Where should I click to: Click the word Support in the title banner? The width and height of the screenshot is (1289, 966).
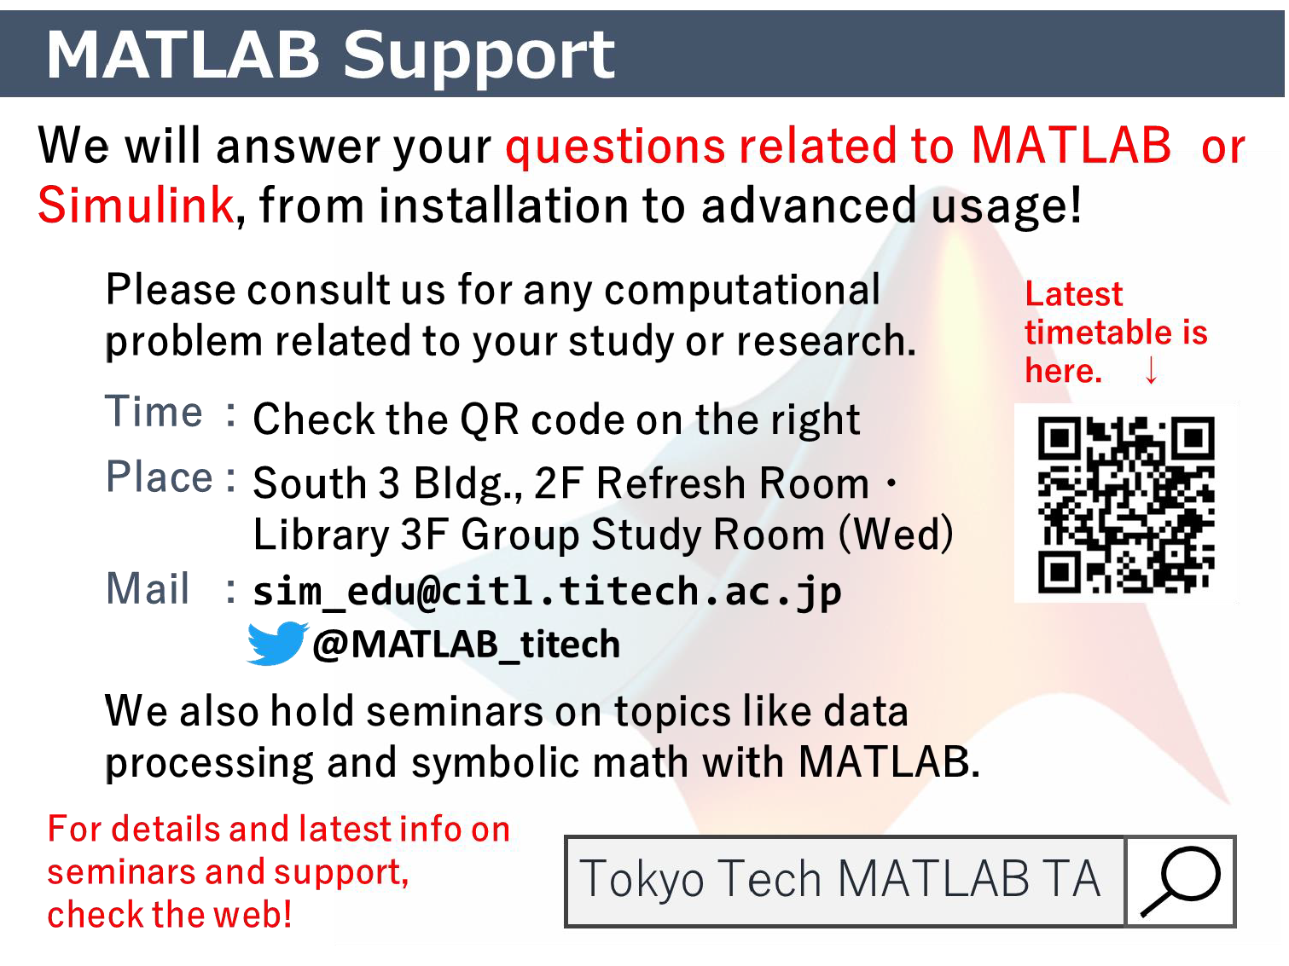pyautogui.click(x=479, y=57)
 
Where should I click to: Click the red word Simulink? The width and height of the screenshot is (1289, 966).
pyautogui.click(x=136, y=205)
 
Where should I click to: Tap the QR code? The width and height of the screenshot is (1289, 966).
pyautogui.click(x=1125, y=504)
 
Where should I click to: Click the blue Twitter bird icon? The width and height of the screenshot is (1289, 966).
pyautogui.click(x=276, y=643)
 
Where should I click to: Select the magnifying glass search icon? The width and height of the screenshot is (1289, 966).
pyautogui.click(x=1181, y=881)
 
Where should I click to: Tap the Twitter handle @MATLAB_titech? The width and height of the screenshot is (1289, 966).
pyautogui.click(x=467, y=645)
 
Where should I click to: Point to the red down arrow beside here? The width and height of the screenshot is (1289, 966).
pyautogui.click(x=1151, y=370)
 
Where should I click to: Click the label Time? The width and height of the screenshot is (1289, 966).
pyautogui.click(x=154, y=412)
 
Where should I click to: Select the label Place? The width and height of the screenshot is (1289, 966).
pyautogui.click(x=159, y=477)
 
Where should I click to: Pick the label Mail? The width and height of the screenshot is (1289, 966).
pyautogui.click(x=148, y=588)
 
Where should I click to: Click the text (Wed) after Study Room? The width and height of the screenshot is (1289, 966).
pyautogui.click(x=896, y=534)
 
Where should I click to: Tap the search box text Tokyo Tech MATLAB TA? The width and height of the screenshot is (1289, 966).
pyautogui.click(x=839, y=879)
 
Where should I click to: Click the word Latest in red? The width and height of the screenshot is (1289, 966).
pyautogui.click(x=1073, y=294)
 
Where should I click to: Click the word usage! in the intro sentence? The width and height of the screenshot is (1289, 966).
pyautogui.click(x=1006, y=205)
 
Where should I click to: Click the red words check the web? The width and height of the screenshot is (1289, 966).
pyautogui.click(x=169, y=914)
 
